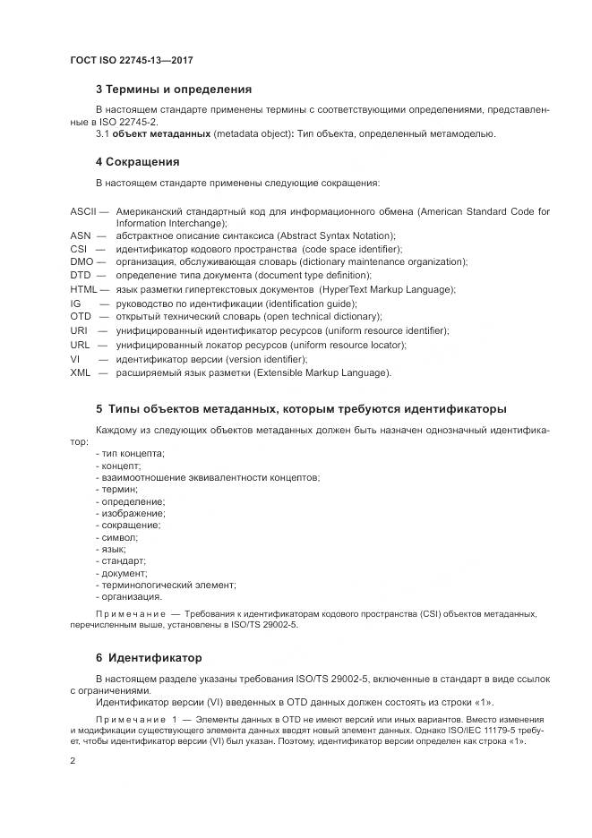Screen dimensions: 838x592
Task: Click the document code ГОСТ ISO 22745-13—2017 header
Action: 131,60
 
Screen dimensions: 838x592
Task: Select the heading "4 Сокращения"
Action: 138,162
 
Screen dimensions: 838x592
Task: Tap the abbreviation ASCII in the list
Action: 83,211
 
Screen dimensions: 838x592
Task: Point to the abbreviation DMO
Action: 82,261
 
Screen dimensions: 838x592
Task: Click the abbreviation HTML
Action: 83,289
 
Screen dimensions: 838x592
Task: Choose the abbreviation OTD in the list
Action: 81,317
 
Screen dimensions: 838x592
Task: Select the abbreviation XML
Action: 80,372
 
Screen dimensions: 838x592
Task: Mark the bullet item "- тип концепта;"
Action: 130,454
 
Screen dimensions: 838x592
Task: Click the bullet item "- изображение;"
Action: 130,513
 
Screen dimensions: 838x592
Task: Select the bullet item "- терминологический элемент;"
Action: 158,584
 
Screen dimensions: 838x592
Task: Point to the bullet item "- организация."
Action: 128,595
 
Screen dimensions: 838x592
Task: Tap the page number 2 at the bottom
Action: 73,760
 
